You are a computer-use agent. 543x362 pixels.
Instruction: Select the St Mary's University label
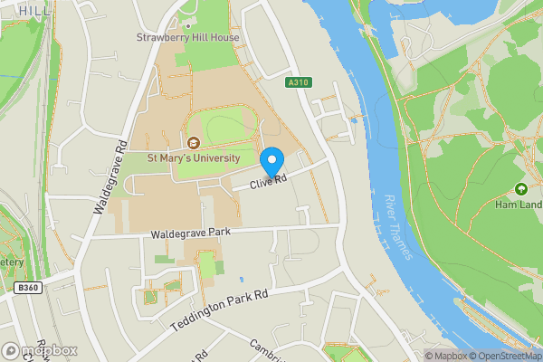pyautogui.click(x=194, y=157)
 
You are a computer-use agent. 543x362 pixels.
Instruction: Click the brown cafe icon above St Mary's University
pyautogui.click(x=194, y=142)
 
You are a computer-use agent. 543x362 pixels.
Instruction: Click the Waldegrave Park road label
pyautogui.click(x=190, y=233)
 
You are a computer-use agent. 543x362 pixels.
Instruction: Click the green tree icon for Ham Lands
pyautogui.click(x=521, y=189)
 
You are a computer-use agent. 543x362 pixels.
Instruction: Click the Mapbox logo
pyautogui.click(x=40, y=350)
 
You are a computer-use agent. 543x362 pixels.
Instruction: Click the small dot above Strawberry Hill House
pyautogui.click(x=189, y=25)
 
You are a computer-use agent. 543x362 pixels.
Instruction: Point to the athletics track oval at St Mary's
pyautogui.click(x=220, y=129)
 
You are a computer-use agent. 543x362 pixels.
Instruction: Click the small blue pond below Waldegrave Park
pyautogui.click(x=241, y=279)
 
